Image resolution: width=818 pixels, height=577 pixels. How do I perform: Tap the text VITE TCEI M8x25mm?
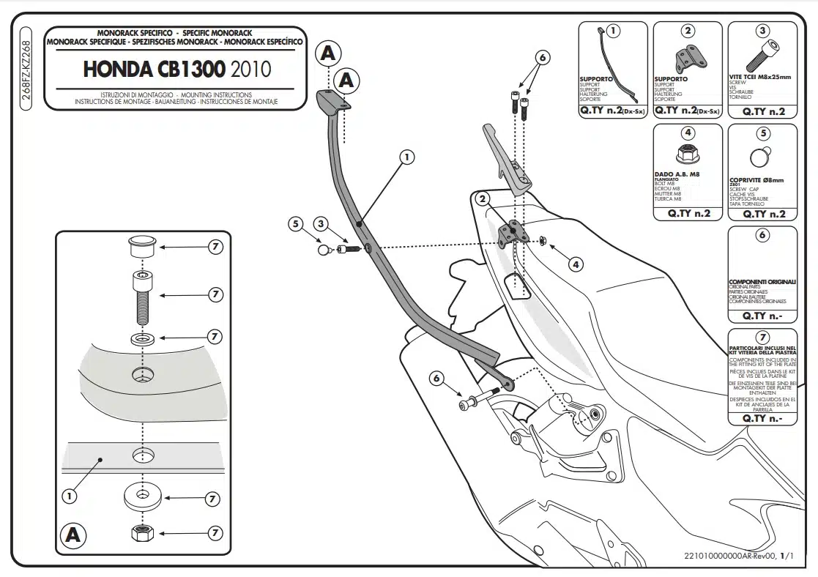click(x=760, y=77)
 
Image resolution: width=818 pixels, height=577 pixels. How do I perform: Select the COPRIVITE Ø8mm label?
click(x=756, y=179)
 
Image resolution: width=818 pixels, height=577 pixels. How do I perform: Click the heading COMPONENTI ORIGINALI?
click(x=762, y=282)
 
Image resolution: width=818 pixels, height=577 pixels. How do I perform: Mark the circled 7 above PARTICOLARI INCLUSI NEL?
click(x=762, y=337)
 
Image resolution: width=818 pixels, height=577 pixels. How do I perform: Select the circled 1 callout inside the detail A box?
click(x=70, y=496)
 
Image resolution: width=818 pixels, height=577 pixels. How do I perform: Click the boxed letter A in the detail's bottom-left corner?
click(x=72, y=535)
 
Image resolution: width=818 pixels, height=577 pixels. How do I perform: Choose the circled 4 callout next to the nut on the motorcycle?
click(x=576, y=264)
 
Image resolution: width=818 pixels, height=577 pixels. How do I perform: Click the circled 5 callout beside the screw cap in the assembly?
click(x=296, y=224)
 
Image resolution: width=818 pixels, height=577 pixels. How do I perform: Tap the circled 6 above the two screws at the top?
click(x=542, y=56)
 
